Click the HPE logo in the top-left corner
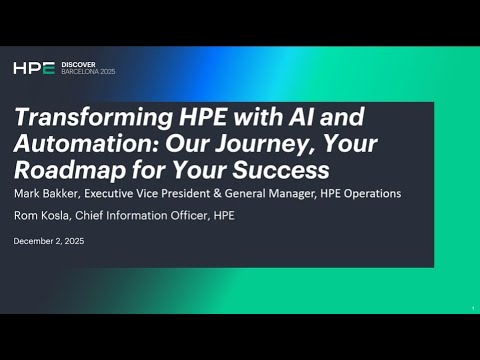tap(32, 68)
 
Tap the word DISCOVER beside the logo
tap(79, 64)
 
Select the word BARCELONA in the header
tap(83, 73)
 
